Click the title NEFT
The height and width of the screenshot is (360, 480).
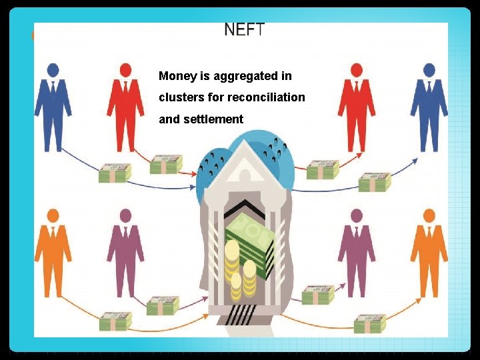click(x=245, y=29)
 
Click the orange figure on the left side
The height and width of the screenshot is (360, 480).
click(x=53, y=253)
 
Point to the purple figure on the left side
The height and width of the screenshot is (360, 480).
click(x=125, y=253)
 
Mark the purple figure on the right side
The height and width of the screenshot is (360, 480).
click(x=356, y=253)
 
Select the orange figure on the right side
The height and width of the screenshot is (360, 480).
click(x=429, y=253)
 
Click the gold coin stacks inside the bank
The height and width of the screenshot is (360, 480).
click(x=239, y=270)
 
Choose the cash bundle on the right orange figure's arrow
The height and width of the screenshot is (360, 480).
click(x=369, y=324)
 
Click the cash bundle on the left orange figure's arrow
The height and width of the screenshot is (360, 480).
click(x=115, y=321)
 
